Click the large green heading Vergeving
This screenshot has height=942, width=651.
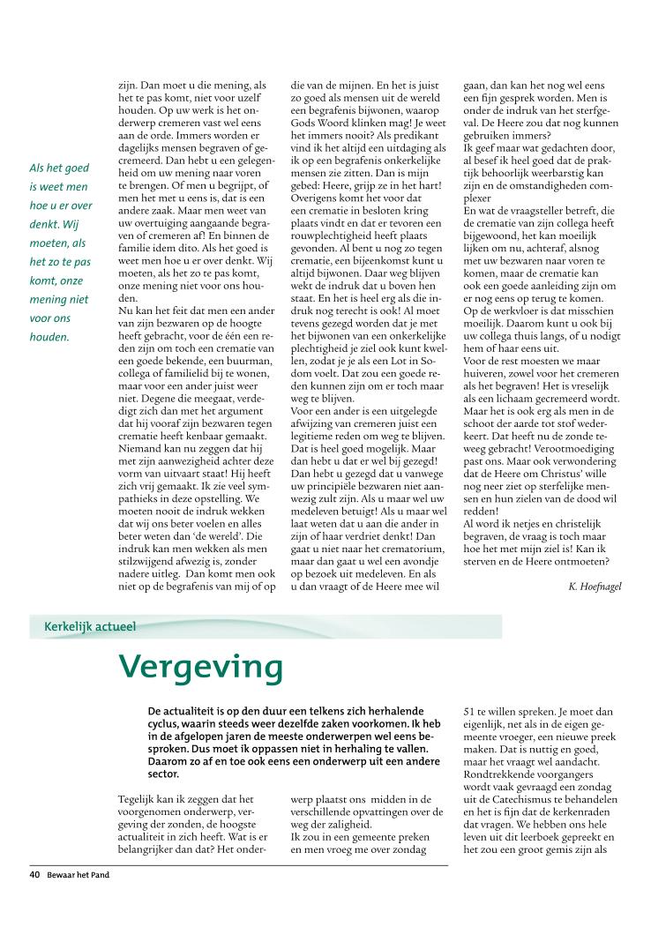pos(201,668)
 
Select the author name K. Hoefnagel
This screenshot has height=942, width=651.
pos(597,585)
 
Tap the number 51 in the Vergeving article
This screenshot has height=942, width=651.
pos(470,711)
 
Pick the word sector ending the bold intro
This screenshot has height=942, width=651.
pos(164,774)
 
